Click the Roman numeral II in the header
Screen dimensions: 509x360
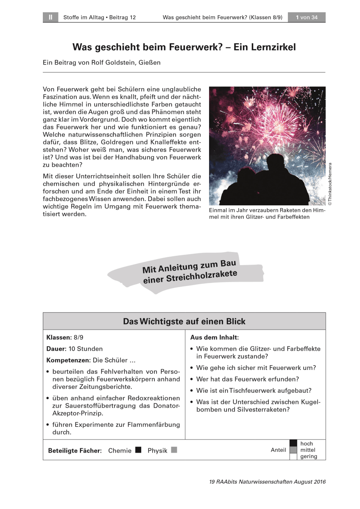[50, 17]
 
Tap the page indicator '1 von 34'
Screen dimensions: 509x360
[307, 17]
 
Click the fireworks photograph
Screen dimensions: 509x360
[267, 146]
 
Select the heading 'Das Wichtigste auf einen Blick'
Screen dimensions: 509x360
[184, 322]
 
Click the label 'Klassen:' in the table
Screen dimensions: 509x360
[59, 338]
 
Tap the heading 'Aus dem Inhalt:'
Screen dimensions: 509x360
[215, 338]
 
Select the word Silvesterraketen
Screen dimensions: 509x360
[263, 410]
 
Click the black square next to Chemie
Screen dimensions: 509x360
[138, 450]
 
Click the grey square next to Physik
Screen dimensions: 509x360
[174, 450]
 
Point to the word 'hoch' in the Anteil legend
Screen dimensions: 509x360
[307, 444]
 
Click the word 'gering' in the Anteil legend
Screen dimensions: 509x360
[308, 457]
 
